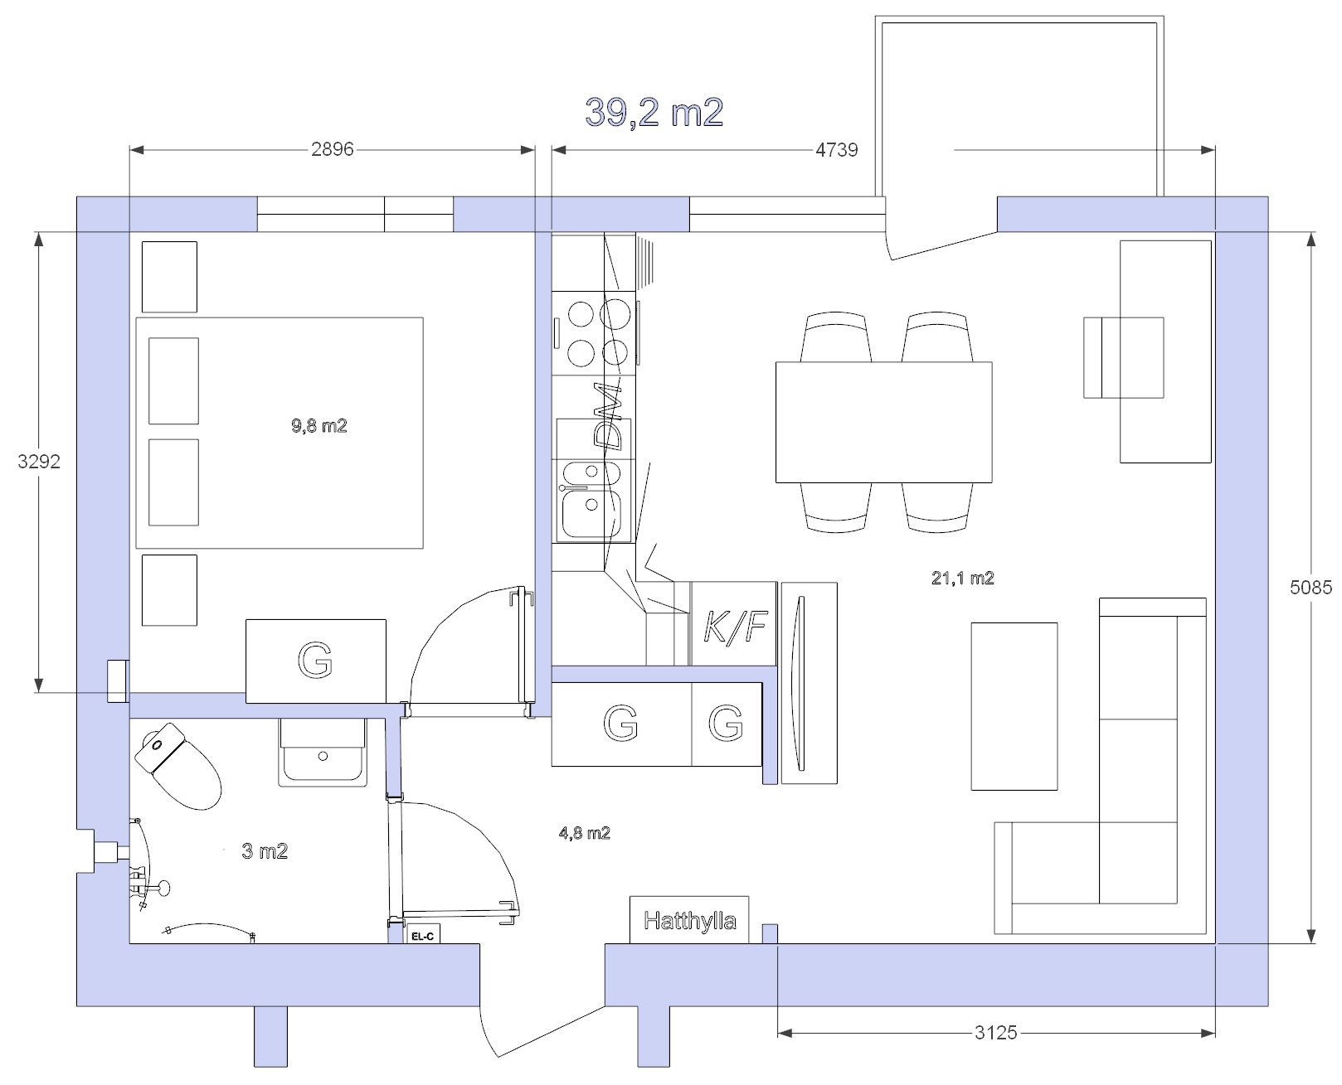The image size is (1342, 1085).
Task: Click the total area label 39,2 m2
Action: click(654, 113)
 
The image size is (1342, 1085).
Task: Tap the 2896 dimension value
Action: click(332, 149)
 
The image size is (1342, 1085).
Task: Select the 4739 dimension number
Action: click(836, 150)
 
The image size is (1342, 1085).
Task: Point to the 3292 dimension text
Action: click(39, 462)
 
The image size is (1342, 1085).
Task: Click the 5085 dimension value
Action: click(1310, 588)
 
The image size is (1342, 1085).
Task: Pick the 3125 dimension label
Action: click(995, 1033)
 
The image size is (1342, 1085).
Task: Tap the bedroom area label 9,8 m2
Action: click(318, 426)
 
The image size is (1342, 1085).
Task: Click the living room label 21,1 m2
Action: click(962, 578)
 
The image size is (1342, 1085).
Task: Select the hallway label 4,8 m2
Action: click(584, 833)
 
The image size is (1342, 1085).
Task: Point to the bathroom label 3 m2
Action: click(265, 851)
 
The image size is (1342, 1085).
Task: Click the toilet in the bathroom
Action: click(177, 766)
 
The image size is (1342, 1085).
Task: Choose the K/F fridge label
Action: click(735, 626)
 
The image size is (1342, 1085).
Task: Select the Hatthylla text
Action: click(690, 921)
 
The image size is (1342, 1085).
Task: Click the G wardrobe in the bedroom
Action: click(316, 661)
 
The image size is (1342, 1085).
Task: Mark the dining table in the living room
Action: click(883, 422)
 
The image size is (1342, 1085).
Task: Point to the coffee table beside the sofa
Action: click(1014, 706)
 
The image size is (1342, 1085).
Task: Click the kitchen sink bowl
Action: click(591, 514)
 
